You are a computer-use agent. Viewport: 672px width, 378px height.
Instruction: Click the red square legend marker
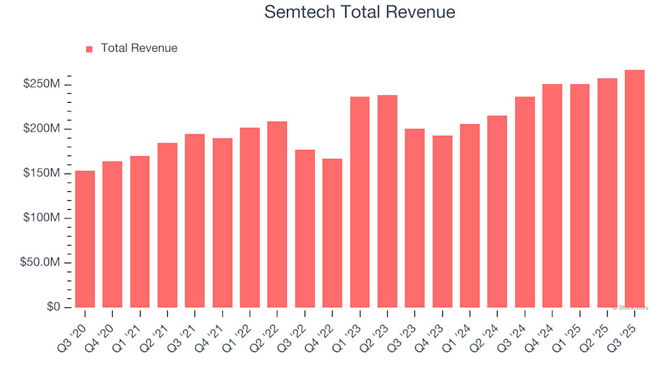[x=89, y=49]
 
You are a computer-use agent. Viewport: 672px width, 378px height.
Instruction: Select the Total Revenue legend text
[x=139, y=48]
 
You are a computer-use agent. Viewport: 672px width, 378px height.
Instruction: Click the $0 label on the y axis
[x=53, y=307]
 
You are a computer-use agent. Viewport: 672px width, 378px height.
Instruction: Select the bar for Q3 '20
[x=85, y=239]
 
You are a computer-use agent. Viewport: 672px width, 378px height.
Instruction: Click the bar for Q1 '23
[x=360, y=202]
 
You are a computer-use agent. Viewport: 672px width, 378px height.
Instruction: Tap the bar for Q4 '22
[x=332, y=233]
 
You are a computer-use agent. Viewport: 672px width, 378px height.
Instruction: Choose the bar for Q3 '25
[x=635, y=189]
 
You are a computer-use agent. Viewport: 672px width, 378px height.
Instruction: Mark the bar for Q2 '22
[x=277, y=215]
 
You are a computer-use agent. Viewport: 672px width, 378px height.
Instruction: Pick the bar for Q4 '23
[x=442, y=222]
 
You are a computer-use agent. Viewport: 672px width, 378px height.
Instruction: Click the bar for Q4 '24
[x=552, y=196]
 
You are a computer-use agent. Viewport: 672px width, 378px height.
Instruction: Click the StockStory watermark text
[x=631, y=308]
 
